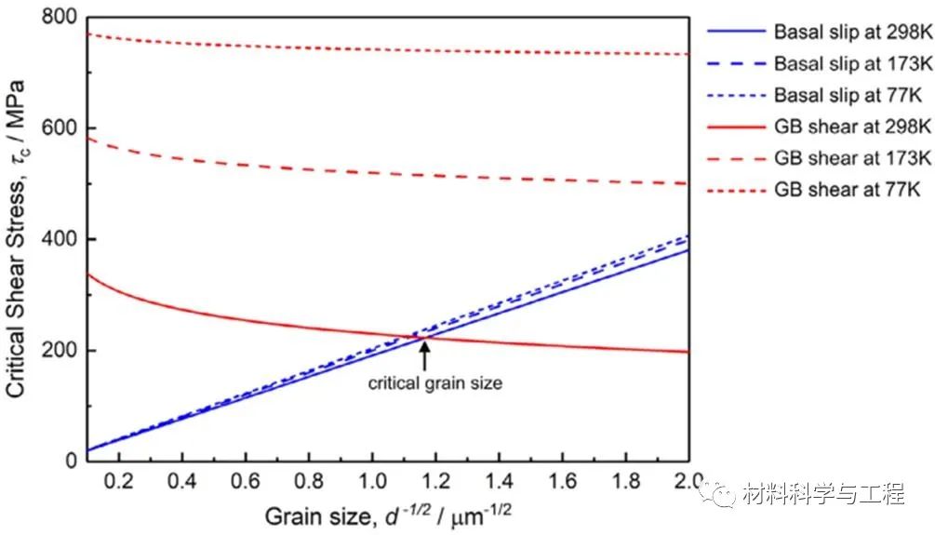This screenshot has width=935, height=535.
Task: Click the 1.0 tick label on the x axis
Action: (371, 484)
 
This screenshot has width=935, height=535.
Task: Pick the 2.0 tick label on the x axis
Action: (687, 484)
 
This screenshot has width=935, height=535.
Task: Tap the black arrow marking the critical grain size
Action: (424, 354)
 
